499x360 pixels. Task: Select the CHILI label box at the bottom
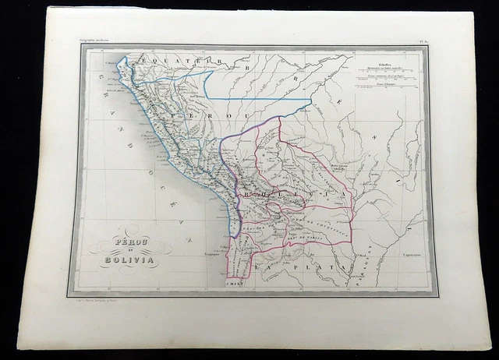pos(235,284)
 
